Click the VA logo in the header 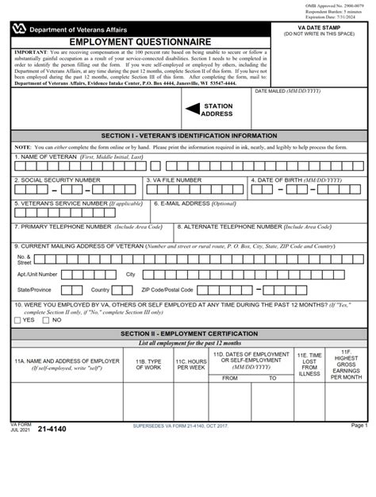(18, 29)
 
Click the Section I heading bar (188, 136)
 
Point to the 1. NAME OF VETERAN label (79, 157)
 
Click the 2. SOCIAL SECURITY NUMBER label (58, 180)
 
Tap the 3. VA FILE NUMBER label (174, 180)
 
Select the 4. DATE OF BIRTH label (297, 180)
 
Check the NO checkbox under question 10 (46, 320)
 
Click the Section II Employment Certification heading (188, 333)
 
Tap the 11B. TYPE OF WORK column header (148, 364)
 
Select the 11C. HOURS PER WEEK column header (191, 364)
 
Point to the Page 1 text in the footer (359, 426)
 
